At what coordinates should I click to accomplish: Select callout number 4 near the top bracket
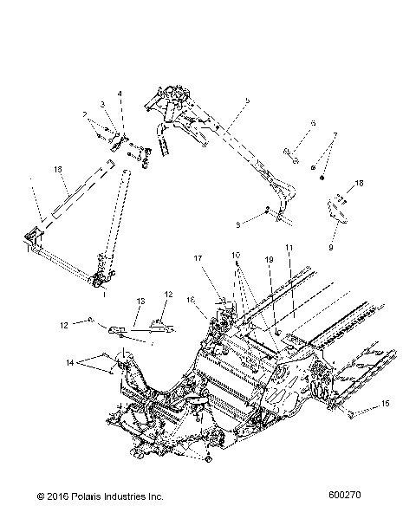click(x=120, y=94)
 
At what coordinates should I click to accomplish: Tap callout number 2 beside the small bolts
click(x=85, y=114)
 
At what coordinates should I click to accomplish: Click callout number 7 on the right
click(x=335, y=136)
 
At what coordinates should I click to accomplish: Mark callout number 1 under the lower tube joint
click(x=105, y=295)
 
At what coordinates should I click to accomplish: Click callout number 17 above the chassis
click(x=198, y=257)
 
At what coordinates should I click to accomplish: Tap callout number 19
click(x=269, y=258)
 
